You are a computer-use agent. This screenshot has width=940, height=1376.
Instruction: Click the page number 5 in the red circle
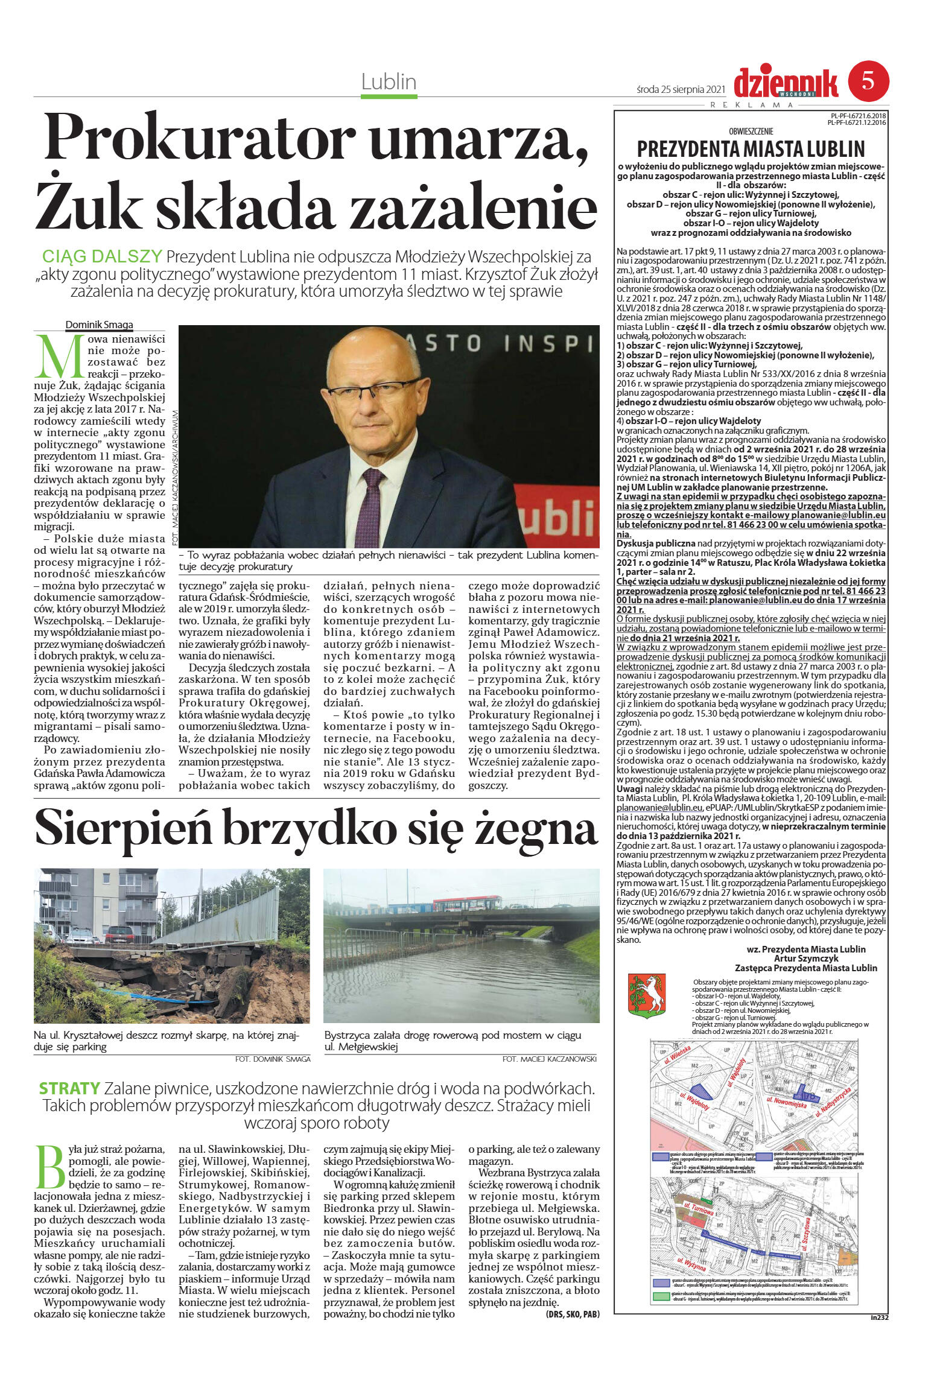[868, 81]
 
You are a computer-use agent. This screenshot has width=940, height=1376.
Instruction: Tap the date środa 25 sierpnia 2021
[680, 89]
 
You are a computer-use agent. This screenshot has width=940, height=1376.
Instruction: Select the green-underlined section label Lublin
[389, 82]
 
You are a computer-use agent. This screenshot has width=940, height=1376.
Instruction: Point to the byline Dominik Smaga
[99, 325]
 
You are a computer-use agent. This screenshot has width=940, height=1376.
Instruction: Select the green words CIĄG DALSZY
[102, 256]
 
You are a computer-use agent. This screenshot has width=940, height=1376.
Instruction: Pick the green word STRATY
[69, 1089]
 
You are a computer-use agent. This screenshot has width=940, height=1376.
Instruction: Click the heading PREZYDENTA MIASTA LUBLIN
[751, 149]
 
